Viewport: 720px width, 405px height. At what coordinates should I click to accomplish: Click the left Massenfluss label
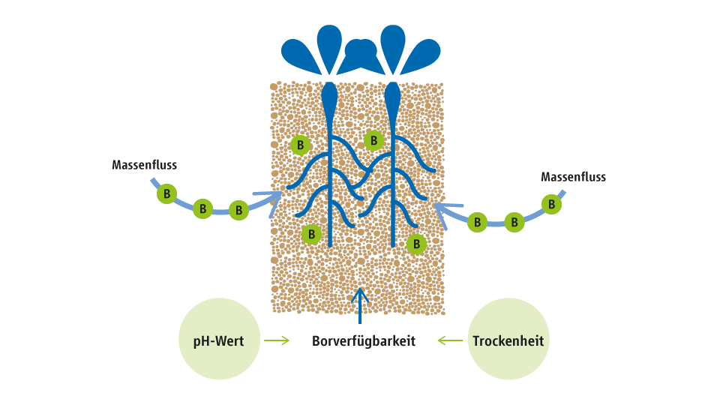coord(144,165)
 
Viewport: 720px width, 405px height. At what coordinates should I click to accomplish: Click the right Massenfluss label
coord(573,178)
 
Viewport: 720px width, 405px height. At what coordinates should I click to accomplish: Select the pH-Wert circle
coord(221,340)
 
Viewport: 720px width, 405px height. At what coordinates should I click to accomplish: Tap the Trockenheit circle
coord(508,340)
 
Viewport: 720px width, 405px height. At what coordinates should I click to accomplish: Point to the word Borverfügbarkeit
coord(364,341)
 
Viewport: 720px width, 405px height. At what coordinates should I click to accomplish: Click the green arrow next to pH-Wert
coord(277,340)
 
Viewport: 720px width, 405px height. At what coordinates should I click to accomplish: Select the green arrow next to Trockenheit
coord(450,340)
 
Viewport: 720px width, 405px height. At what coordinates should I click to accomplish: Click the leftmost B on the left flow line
coord(166,194)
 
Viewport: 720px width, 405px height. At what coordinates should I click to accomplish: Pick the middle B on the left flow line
coord(202,209)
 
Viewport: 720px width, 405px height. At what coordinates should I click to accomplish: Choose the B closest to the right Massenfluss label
coord(551,204)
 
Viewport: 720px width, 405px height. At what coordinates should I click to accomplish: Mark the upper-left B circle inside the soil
coord(301,145)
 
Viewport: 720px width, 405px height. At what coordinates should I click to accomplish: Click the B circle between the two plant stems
coord(373,140)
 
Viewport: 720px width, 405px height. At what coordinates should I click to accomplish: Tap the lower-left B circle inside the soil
coord(311,235)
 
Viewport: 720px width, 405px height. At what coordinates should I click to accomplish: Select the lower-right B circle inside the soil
coord(417,244)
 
